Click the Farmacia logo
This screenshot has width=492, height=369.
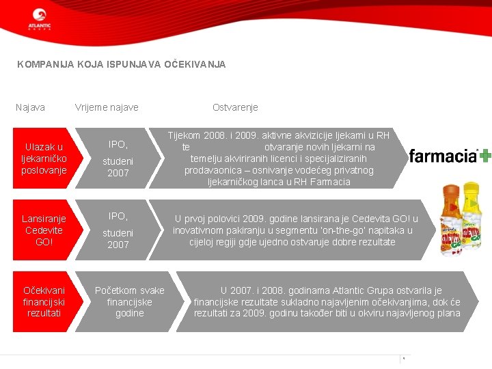click(443, 156)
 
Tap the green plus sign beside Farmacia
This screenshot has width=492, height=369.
click(484, 156)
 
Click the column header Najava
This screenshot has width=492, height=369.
click(30, 107)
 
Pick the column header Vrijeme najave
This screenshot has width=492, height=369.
click(107, 107)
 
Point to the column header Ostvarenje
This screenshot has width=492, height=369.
click(235, 107)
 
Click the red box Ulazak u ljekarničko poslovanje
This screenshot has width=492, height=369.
click(44, 158)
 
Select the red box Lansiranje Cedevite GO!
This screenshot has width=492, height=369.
click(44, 230)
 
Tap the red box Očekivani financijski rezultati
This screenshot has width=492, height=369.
click(44, 302)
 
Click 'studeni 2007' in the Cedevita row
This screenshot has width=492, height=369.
click(118, 238)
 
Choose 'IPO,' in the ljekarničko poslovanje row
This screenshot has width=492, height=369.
click(118, 144)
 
